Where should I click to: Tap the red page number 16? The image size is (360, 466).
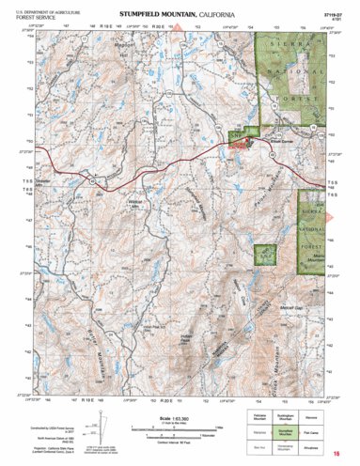334,454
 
